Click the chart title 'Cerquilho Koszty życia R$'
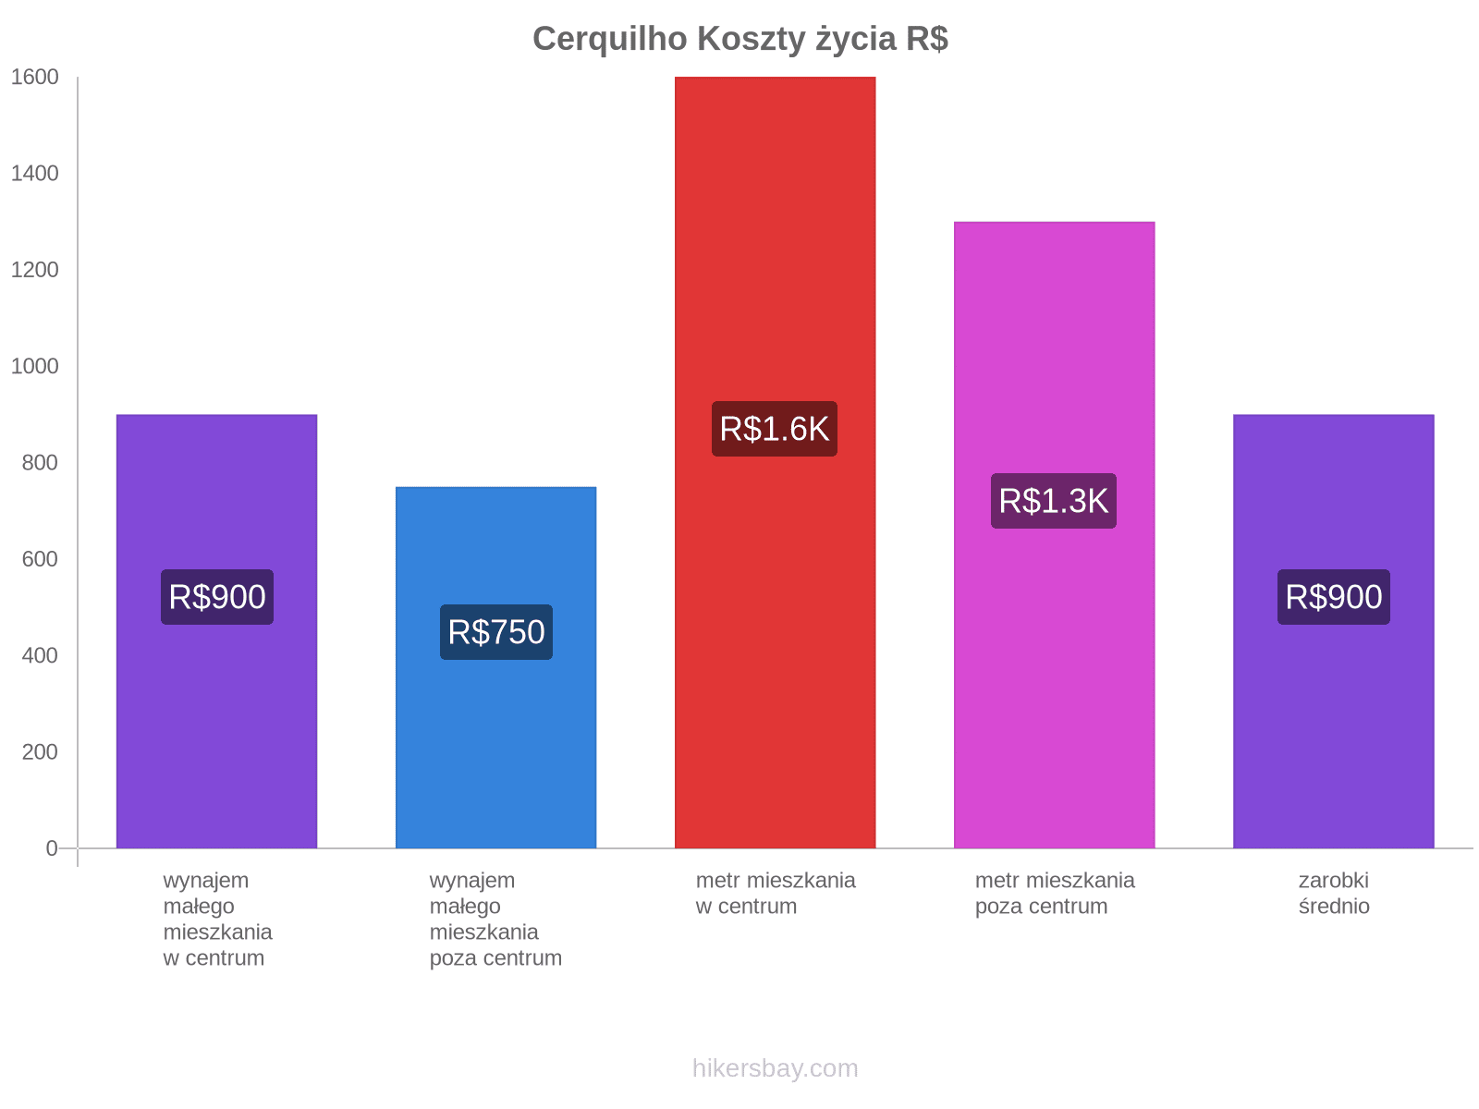pyautogui.click(x=739, y=39)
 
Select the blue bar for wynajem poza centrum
pyautogui.click(x=495, y=739)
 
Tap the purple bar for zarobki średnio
pyautogui.click(x=1333, y=721)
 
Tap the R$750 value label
pyautogui.click(x=496, y=632)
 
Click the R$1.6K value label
pyautogui.click(x=775, y=429)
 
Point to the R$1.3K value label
pyautogui.click(x=1054, y=501)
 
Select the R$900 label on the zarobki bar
pyautogui.click(x=1333, y=597)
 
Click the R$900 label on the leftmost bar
pyautogui.click(x=217, y=597)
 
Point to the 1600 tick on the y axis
pyautogui.click(x=35, y=78)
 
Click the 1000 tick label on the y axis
pyautogui.click(x=35, y=367)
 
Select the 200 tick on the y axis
pyautogui.click(x=40, y=752)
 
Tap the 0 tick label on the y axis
pyautogui.click(x=52, y=848)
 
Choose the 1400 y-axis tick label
pyautogui.click(x=35, y=174)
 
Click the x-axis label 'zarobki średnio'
pyautogui.click(x=1333, y=893)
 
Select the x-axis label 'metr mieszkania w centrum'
pyautogui.click(x=775, y=893)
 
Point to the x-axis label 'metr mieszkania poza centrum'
pyautogui.click(x=1054, y=893)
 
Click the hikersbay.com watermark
pyautogui.click(x=775, y=1068)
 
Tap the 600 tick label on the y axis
pyautogui.click(x=40, y=559)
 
